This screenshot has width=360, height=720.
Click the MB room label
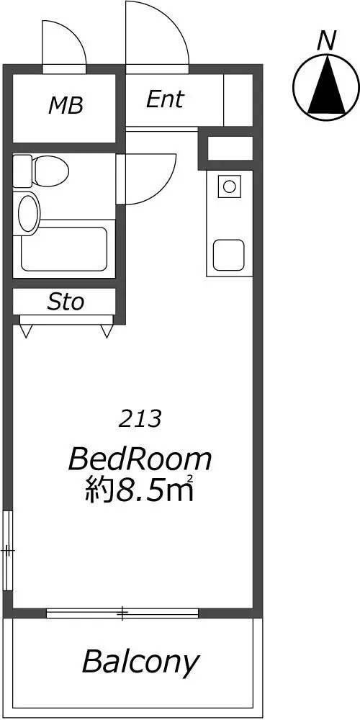[66, 106]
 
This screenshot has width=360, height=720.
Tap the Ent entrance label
[165, 99]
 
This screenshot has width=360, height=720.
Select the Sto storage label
[66, 302]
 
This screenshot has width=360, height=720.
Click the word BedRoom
[140, 459]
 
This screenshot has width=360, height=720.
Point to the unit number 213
[140, 419]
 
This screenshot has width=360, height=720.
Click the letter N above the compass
[326, 40]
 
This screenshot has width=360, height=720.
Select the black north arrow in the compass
[326, 84]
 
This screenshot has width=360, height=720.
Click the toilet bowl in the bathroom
[50, 171]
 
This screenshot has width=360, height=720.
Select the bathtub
[64, 248]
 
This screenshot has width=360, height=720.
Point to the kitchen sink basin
[229, 256]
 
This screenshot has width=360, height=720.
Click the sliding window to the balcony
[122, 613]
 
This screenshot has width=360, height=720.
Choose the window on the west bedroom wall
[8, 549]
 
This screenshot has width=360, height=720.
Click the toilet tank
[22, 171]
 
